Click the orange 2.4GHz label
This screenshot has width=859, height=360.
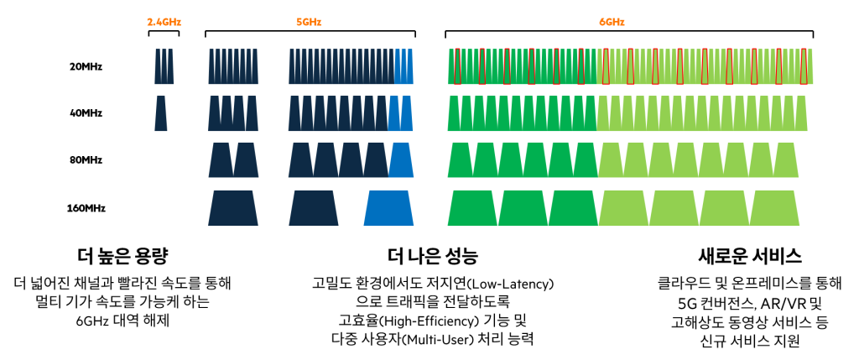click(164, 23)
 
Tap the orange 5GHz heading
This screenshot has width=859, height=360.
click(309, 23)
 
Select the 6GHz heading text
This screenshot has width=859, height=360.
click(612, 23)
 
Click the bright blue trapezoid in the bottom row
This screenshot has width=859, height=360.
click(388, 208)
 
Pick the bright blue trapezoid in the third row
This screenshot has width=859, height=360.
click(401, 159)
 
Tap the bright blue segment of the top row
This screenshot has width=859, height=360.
click(403, 68)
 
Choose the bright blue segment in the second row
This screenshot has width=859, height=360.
click(400, 114)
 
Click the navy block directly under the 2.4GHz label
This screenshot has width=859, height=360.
click(164, 68)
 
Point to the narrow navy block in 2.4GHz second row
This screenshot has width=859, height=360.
click(160, 114)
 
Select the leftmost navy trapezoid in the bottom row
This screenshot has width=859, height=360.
click(233, 208)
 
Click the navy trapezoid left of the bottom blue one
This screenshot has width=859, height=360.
click(313, 208)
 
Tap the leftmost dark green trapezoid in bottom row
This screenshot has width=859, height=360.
click(472, 208)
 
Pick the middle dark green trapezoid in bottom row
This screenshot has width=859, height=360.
click(523, 208)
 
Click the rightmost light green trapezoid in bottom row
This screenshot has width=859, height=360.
click(774, 208)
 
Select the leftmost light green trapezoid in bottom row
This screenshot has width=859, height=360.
click(623, 208)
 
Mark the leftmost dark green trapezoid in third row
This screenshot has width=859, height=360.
click(460, 159)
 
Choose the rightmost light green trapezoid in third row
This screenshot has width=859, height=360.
click(786, 159)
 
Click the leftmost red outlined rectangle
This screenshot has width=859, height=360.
click(457, 66)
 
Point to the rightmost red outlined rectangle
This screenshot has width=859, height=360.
click(804, 66)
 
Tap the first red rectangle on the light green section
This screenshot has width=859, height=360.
click(606, 66)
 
